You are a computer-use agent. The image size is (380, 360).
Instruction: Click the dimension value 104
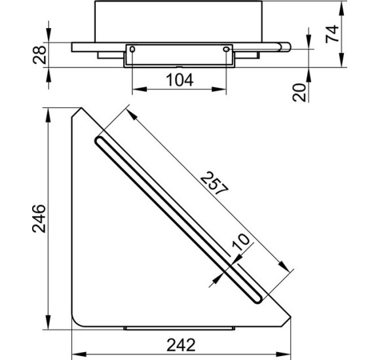click(x=180, y=80)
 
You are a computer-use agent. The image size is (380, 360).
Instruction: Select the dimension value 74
click(x=332, y=34)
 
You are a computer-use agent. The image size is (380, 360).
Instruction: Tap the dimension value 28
click(x=39, y=55)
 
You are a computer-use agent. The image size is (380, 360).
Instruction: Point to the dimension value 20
click(x=299, y=92)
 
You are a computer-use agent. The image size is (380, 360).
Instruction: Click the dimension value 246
click(x=39, y=219)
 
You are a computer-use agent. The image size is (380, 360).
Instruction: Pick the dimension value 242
click(x=181, y=345)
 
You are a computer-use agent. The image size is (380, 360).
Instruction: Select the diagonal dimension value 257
click(x=214, y=183)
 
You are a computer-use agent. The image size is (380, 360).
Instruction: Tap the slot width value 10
click(x=240, y=242)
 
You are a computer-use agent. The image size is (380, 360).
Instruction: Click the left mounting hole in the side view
click(x=132, y=49)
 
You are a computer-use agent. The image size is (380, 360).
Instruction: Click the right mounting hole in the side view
click(x=226, y=49)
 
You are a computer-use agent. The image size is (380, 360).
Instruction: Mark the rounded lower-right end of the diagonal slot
click(x=258, y=299)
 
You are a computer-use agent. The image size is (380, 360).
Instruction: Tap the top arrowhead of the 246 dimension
click(x=48, y=115)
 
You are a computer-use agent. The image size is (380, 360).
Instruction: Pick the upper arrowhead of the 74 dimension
click(x=341, y=9)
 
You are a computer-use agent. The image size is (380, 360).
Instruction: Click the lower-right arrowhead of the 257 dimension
click(x=284, y=266)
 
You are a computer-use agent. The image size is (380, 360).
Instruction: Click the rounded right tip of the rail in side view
click(x=288, y=47)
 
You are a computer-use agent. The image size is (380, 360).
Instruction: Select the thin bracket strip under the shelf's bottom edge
click(x=179, y=329)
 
